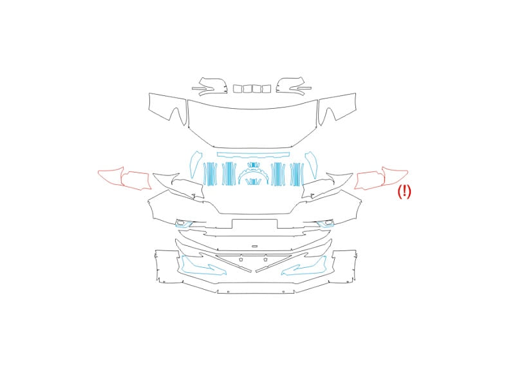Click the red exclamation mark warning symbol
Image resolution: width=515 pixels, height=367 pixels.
404,192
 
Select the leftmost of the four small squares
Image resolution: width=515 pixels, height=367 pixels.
238,89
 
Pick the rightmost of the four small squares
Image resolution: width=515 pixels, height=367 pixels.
267,89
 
